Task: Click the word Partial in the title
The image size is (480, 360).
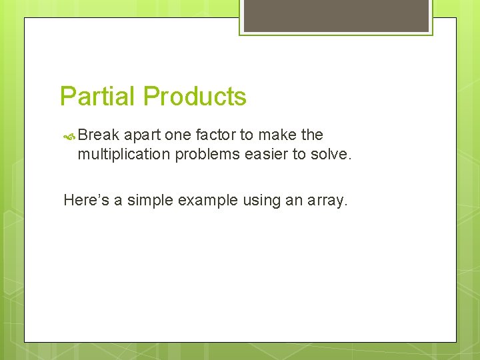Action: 98,97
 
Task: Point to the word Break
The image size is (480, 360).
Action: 99,135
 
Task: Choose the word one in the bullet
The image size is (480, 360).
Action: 177,135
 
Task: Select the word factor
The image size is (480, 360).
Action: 215,135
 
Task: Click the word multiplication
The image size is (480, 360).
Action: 124,154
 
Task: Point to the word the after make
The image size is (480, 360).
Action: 312,135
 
